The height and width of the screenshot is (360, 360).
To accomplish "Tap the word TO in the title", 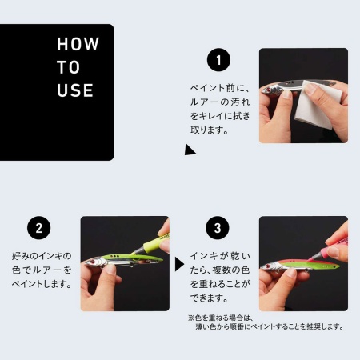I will [68, 68].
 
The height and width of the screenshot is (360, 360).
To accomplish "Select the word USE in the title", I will [75, 90].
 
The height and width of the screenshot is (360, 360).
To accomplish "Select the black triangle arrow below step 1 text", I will [190, 150].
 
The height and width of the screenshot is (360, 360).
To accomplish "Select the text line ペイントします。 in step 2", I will [43, 283].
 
